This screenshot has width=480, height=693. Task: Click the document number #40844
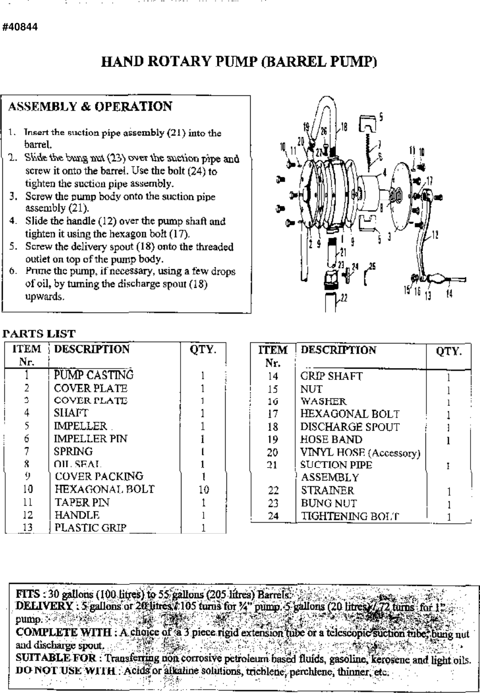click(x=20, y=27)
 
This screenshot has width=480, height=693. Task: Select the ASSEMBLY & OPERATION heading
click(x=90, y=107)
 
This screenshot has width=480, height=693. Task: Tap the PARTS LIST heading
click(x=39, y=333)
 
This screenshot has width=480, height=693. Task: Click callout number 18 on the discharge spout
click(x=344, y=127)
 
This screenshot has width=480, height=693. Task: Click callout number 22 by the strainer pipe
click(x=344, y=298)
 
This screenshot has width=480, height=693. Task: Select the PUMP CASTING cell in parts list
click(x=93, y=375)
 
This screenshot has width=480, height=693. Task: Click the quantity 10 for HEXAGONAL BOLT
click(x=203, y=490)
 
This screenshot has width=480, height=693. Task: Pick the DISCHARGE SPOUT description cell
click(x=350, y=427)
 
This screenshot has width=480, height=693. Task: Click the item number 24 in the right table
click(x=273, y=516)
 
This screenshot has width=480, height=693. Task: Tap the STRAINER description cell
click(x=327, y=490)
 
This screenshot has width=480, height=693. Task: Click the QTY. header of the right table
click(x=448, y=351)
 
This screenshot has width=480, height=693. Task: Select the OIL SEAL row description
click(x=78, y=464)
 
